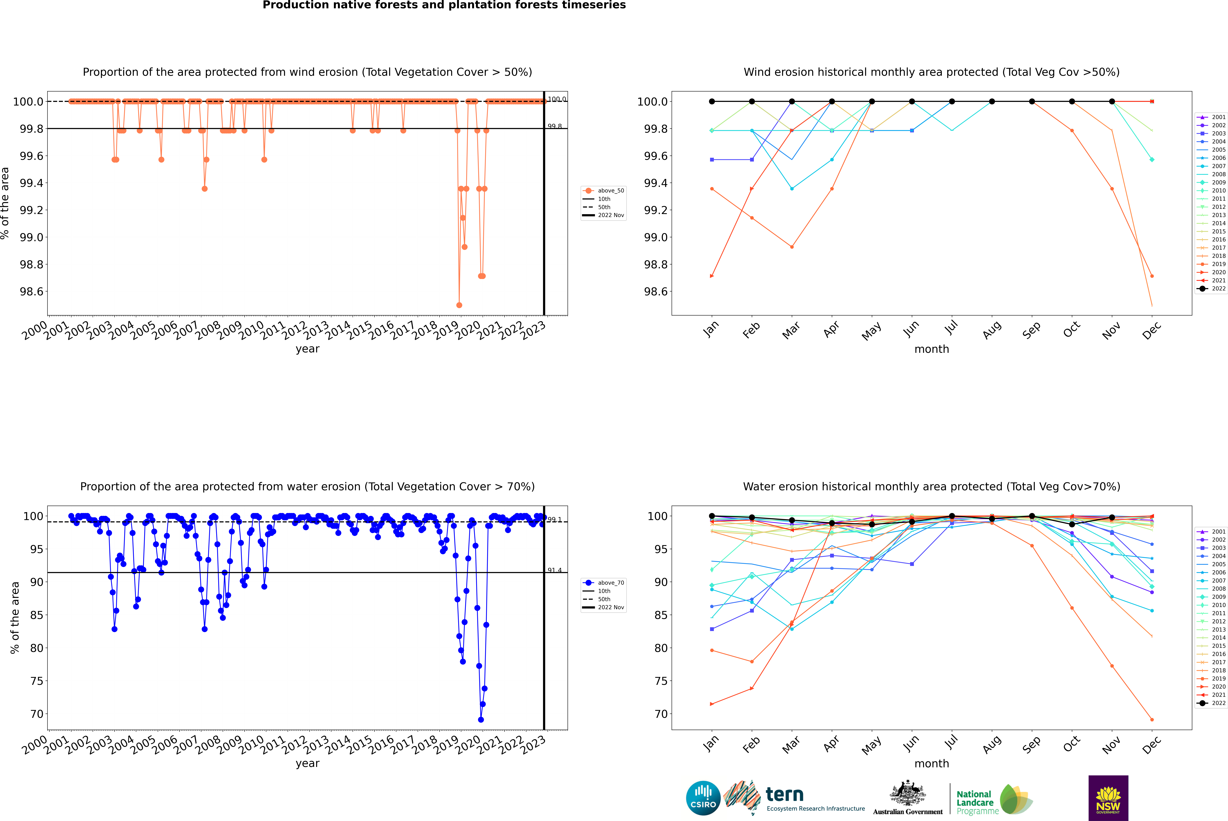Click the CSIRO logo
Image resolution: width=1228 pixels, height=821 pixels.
tap(703, 798)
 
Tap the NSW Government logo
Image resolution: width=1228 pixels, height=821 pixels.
tap(1108, 798)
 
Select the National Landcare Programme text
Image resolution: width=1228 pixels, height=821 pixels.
tap(975, 802)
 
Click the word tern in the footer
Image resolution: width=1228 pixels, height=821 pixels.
tap(784, 794)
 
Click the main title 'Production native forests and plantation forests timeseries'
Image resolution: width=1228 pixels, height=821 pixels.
tap(444, 5)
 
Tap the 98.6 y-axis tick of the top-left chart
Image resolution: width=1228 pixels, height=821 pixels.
tap(31, 292)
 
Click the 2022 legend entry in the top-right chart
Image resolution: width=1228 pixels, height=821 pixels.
tap(1218, 288)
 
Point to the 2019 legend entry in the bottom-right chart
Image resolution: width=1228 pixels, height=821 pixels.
tap(1218, 679)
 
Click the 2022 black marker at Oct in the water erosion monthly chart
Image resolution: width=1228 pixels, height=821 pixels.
tap(1071, 524)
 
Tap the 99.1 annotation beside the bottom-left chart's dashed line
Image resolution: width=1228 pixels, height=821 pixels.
tap(554, 520)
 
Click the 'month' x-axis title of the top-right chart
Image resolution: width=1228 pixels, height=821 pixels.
tap(931, 349)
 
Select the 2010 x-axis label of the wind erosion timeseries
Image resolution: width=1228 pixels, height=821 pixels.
tap(252, 330)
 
